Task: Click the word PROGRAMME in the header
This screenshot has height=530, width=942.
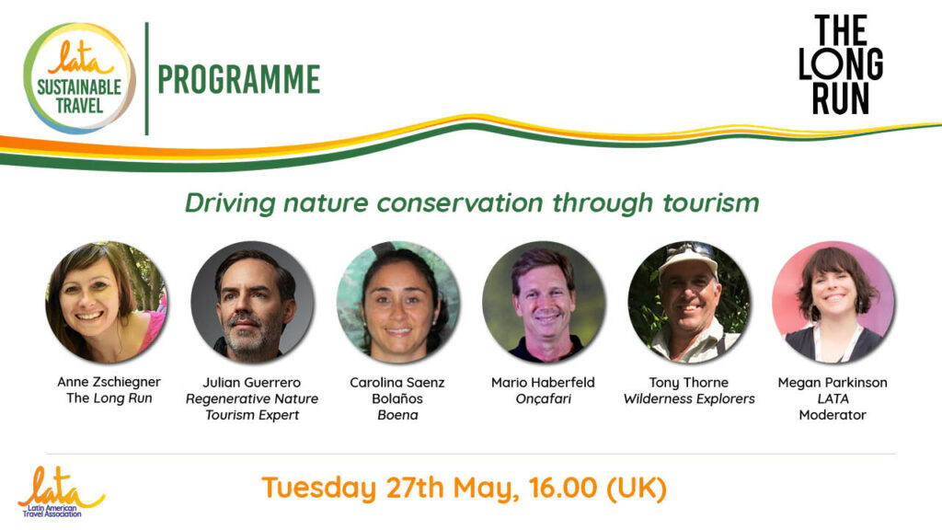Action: point(238,79)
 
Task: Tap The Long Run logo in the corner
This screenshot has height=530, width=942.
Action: point(841,65)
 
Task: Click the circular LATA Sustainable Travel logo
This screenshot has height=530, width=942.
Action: point(79,78)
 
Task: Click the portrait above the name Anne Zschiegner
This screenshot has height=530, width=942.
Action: point(107,302)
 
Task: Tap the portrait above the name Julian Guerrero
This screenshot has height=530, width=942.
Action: point(252,302)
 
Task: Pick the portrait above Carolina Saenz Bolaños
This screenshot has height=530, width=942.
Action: point(397,302)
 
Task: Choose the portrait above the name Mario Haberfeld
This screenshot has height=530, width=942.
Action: point(543,302)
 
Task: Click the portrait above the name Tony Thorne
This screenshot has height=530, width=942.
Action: point(688,302)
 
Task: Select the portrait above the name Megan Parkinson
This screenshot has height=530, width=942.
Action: point(833,302)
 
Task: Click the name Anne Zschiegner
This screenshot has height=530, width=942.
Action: point(109,382)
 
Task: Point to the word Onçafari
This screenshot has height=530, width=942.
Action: point(543,398)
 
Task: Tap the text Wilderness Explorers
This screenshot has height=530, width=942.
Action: point(689,398)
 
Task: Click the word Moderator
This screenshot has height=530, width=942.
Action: point(833,415)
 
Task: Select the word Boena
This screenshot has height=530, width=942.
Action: point(397,415)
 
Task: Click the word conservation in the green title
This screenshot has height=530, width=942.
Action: point(460,202)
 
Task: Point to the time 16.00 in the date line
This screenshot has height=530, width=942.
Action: point(564,487)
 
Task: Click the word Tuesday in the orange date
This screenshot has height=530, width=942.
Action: point(319,488)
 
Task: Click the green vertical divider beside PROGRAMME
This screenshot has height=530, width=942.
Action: point(146,79)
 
